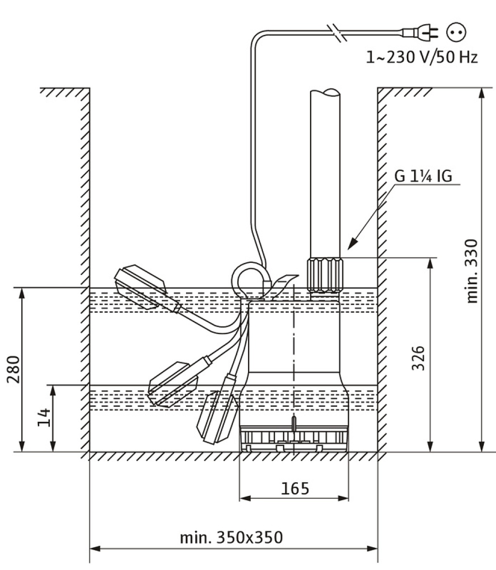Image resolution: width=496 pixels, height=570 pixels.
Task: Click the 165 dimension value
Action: [295, 488]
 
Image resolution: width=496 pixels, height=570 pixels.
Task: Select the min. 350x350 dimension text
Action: [231, 537]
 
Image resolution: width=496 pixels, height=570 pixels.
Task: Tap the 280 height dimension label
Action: [14, 369]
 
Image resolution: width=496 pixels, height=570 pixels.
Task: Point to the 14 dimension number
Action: [44, 417]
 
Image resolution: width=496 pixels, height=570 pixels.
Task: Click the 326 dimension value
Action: [418, 358]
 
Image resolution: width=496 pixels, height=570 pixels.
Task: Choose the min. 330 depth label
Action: [472, 271]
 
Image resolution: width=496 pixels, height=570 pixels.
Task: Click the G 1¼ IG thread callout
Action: [423, 176]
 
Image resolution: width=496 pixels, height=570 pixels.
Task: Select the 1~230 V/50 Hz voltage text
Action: [421, 57]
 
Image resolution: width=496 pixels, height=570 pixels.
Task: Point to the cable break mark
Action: [336, 33]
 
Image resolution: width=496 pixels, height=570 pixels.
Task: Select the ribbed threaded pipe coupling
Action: [325, 275]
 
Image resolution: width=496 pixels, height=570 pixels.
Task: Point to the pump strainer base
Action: [294, 439]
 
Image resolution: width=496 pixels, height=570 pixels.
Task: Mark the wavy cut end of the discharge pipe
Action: [325, 92]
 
